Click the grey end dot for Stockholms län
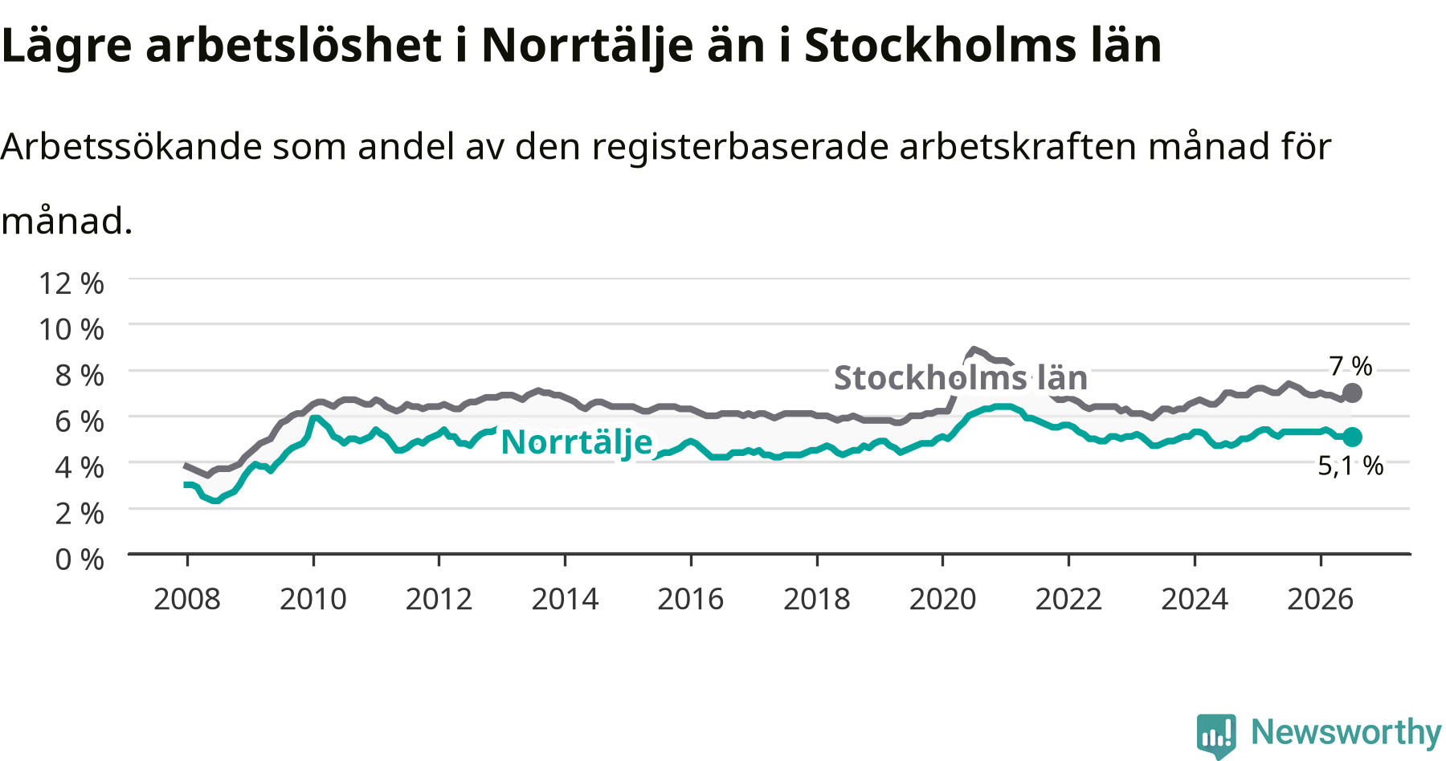pyautogui.click(x=1352, y=393)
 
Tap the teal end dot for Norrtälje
pyautogui.click(x=1352, y=437)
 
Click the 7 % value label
pyautogui.click(x=1350, y=366)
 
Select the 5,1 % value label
pyautogui.click(x=1350, y=466)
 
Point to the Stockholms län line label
pyautogui.click(x=961, y=377)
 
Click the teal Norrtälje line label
pyautogui.click(x=577, y=442)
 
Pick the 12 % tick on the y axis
pyautogui.click(x=71, y=283)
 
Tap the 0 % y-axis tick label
pyautogui.click(x=80, y=559)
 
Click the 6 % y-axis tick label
pyautogui.click(x=80, y=421)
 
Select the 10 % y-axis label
pyautogui.click(x=71, y=329)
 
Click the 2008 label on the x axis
pyautogui.click(x=187, y=599)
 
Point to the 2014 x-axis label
pyautogui.click(x=565, y=599)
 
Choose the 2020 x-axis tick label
pyautogui.click(x=942, y=599)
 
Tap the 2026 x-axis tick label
pyautogui.click(x=1321, y=599)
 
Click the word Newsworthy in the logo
pyautogui.click(x=1346, y=732)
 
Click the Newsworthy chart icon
pyautogui.click(x=1216, y=735)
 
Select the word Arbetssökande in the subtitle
pyautogui.click(x=132, y=146)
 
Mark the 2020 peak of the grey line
pyautogui.click(x=974, y=349)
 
